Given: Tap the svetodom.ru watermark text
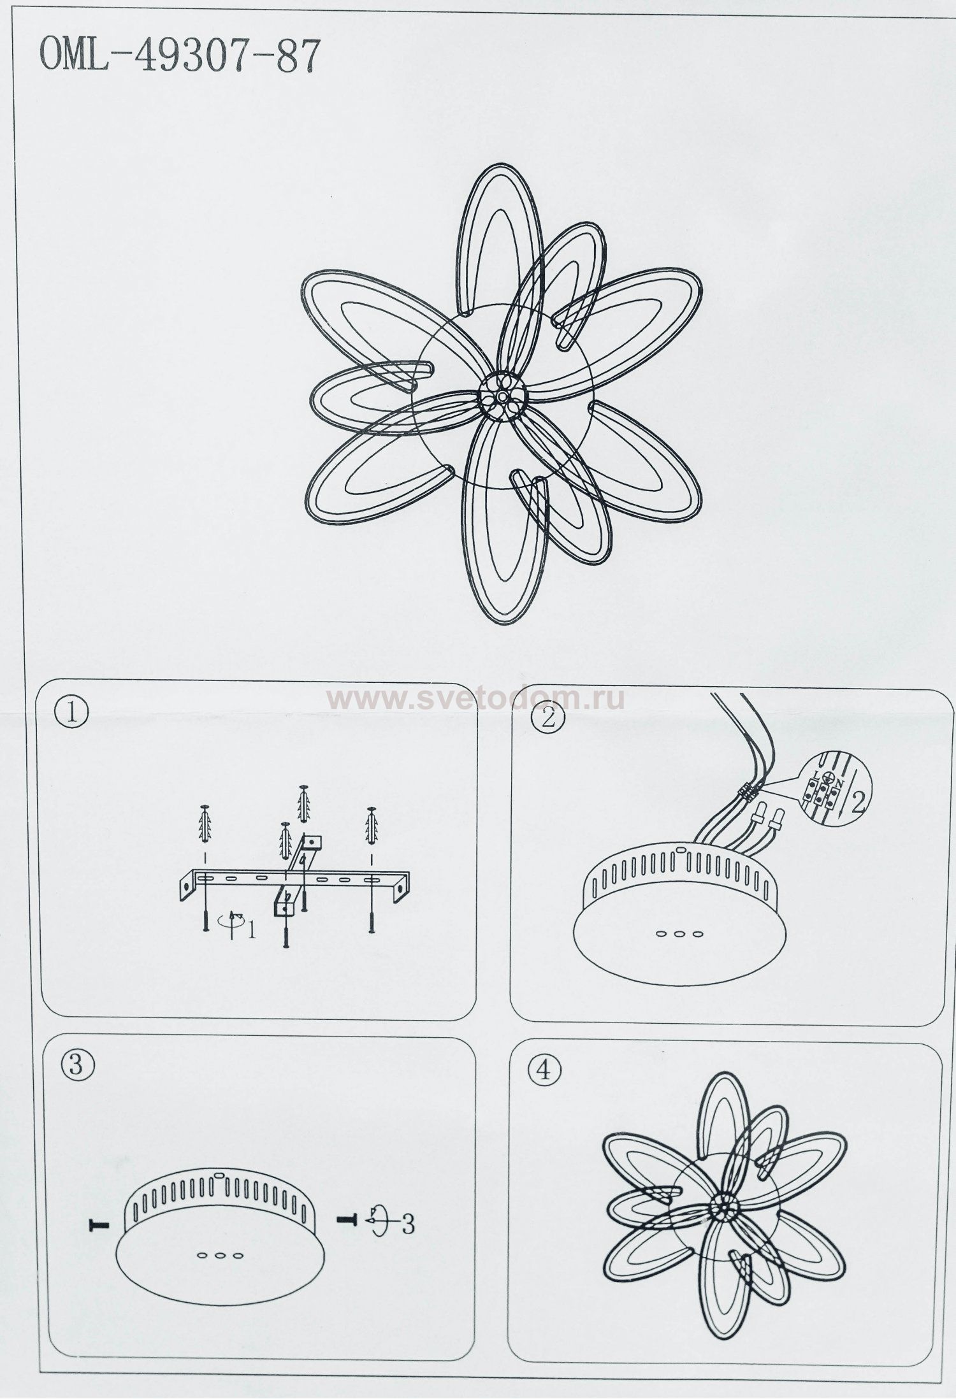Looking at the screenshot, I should (x=477, y=699).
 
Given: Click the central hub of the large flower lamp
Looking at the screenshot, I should (x=503, y=397).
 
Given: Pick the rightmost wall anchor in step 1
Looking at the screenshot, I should (x=372, y=826).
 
